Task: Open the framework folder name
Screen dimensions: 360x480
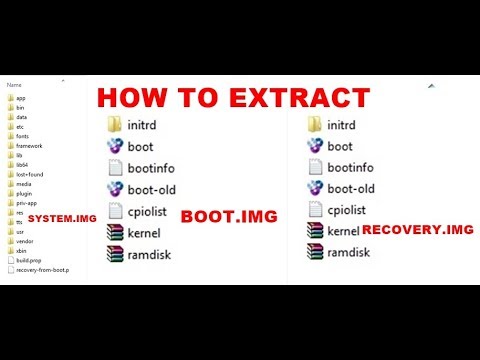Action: tap(30, 145)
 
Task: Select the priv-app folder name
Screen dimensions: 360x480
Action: tap(27, 203)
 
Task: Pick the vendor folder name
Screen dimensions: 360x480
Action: tap(26, 241)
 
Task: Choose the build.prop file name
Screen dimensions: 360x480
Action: tap(30, 260)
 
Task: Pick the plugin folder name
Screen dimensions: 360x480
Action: tap(25, 194)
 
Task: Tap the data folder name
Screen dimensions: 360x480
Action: tap(23, 117)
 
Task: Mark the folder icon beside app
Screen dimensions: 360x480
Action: tap(9, 99)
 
